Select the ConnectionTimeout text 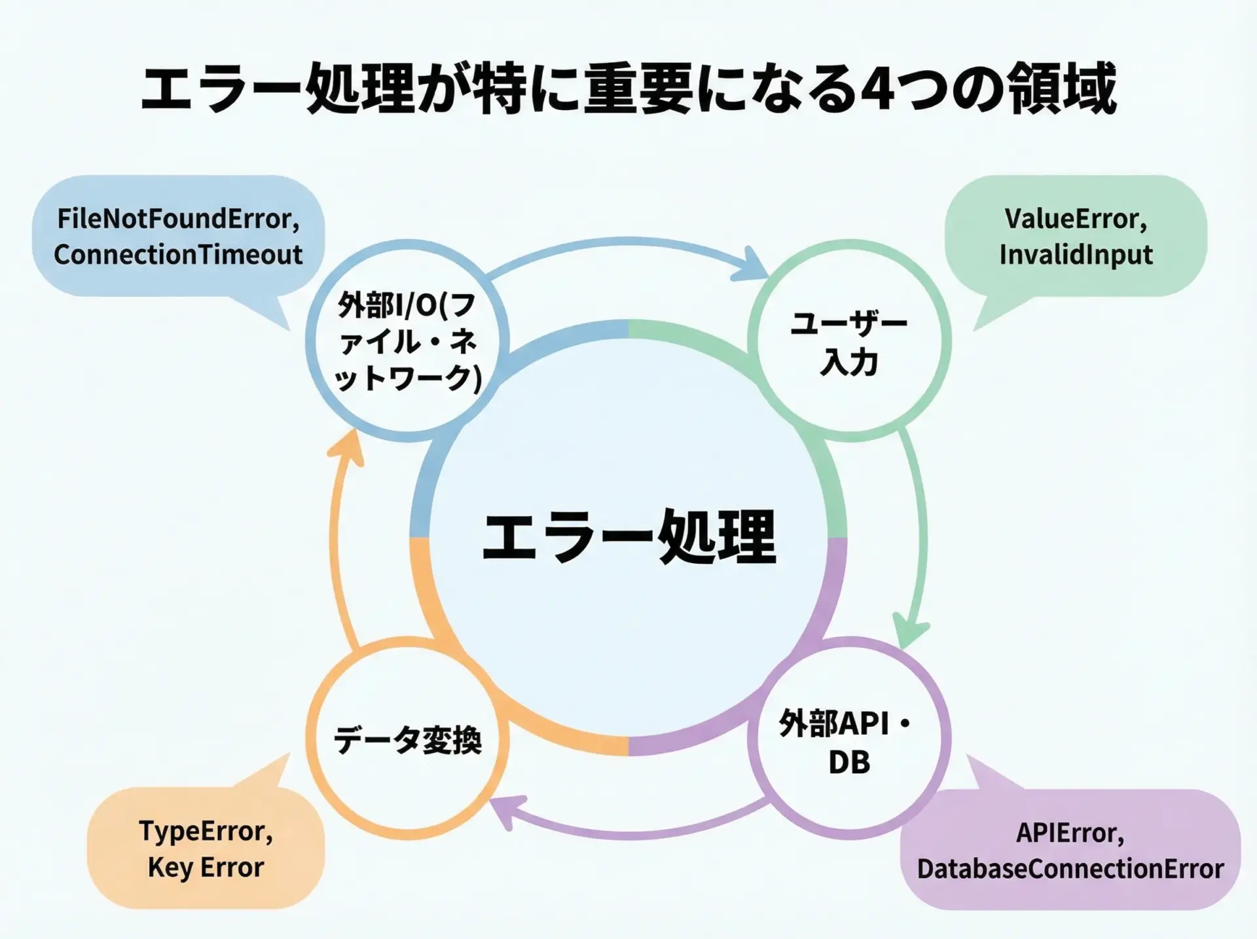coord(178,255)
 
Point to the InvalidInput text coord(1076,255)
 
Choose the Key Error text coord(206,868)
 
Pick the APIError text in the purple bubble coord(1070,833)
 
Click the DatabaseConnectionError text coord(1070,869)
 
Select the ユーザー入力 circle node coord(849,342)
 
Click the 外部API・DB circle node coord(849,742)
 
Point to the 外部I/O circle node coord(407,342)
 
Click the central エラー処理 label coord(628,537)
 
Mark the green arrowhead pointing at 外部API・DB coord(910,630)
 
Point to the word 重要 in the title coord(638,88)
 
